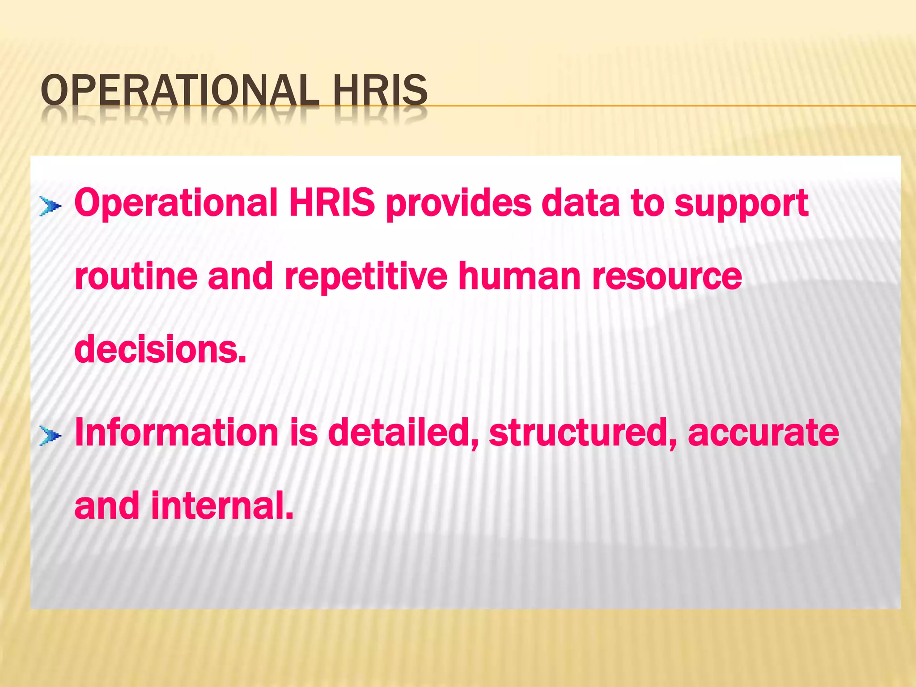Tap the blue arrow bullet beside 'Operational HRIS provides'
(x=50, y=206)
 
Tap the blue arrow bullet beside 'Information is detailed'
(x=50, y=435)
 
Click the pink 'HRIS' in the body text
(x=332, y=202)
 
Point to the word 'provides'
(x=458, y=204)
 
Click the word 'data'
(x=580, y=202)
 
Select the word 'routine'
(x=136, y=276)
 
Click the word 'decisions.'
(x=160, y=349)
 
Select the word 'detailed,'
(x=403, y=433)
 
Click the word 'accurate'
(x=763, y=433)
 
